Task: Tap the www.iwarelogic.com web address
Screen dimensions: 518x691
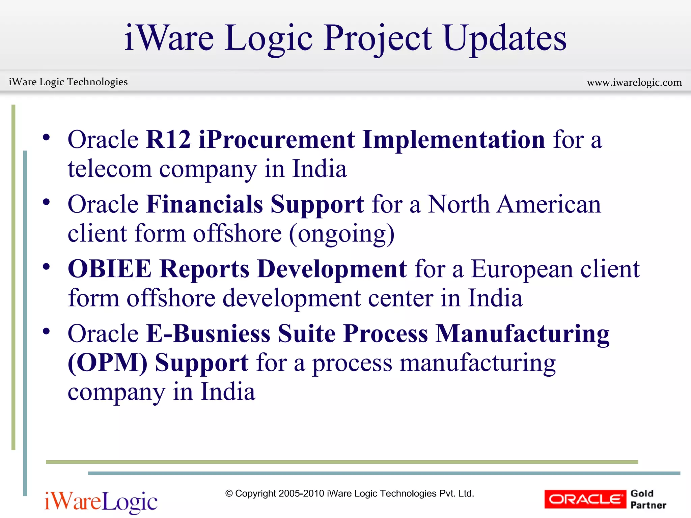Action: [x=634, y=82]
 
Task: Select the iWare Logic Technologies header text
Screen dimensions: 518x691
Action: [x=68, y=82]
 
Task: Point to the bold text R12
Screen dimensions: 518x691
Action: [x=168, y=139]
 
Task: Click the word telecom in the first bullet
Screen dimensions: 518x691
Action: [x=110, y=169]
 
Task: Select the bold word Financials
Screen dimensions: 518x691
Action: [x=204, y=204]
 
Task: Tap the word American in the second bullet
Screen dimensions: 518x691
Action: [x=549, y=204]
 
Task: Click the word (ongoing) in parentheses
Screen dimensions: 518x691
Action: [x=341, y=234]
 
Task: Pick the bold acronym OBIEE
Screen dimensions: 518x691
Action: [x=110, y=269]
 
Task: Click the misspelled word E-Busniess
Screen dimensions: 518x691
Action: [x=208, y=334]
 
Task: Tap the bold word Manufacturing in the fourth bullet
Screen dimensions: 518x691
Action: [x=522, y=334]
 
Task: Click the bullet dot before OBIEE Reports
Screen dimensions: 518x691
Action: [x=46, y=267]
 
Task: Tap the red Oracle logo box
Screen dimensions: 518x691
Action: [x=585, y=499]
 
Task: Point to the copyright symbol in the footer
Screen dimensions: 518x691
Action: [x=229, y=494]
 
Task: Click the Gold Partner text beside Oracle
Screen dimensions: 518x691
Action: [x=648, y=499]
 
